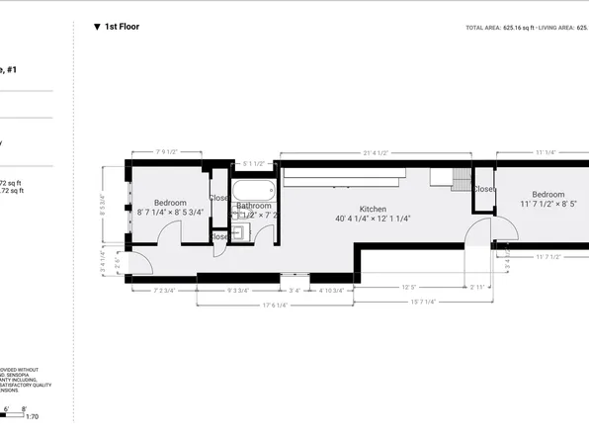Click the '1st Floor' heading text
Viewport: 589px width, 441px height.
pos(123,28)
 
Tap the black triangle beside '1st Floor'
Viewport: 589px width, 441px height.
pos(97,28)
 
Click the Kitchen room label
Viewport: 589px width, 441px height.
pos(373,209)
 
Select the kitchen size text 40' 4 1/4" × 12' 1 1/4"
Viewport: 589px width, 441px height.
pos(373,220)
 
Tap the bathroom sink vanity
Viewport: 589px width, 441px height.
pos(239,234)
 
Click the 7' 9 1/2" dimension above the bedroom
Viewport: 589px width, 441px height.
pos(165,152)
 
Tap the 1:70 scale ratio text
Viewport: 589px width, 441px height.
pos(32,417)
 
